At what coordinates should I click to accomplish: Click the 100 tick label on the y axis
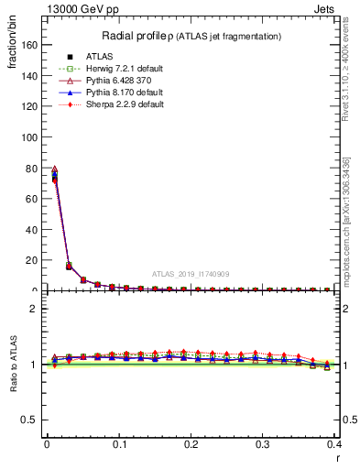point(31,136)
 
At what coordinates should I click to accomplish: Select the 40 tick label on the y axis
point(34,229)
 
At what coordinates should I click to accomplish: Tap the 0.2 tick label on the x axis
point(191,444)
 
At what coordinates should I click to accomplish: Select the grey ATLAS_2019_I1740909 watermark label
point(192,274)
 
